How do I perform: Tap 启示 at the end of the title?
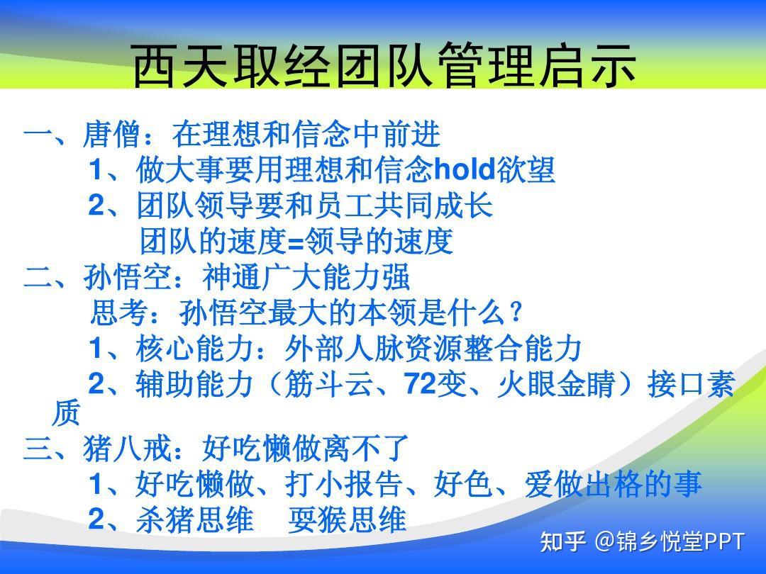pyautogui.click(x=587, y=66)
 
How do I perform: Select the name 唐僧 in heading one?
pyautogui.click(x=113, y=135)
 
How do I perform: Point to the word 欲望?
pyautogui.click(x=526, y=170)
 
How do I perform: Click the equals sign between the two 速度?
pyautogui.click(x=296, y=242)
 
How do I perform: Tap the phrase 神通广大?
pyautogui.click(x=261, y=277)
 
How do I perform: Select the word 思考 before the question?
pyautogui.click(x=120, y=313)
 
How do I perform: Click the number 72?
pyautogui.click(x=420, y=383)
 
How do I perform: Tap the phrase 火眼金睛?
pyautogui.click(x=556, y=384)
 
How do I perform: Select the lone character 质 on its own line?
pyautogui.click(x=66, y=415)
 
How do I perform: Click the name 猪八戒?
pyautogui.click(x=128, y=449)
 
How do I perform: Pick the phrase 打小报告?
pyautogui.click(x=344, y=484)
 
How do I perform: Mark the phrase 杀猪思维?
pyautogui.click(x=196, y=519)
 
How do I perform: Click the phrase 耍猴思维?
pyautogui.click(x=348, y=519)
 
